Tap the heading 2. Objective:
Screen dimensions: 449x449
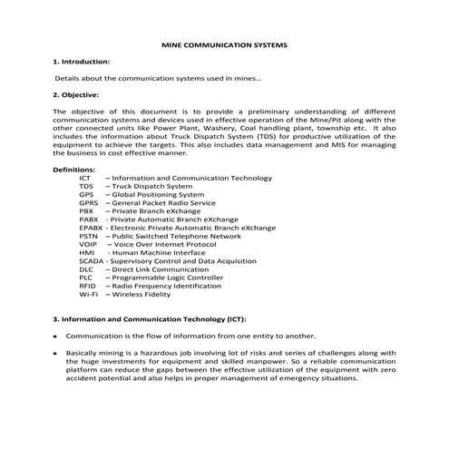[76, 94]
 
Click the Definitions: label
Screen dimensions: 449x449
[74, 170]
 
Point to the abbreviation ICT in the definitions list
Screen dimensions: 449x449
[85, 178]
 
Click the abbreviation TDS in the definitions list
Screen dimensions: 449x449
[86, 186]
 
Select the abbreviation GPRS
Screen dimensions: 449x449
[89, 202]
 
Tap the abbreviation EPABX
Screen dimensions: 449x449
[93, 228]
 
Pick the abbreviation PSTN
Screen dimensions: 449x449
[88, 236]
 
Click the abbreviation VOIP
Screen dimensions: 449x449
[89, 244]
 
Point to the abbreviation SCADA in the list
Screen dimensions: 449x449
[93, 261]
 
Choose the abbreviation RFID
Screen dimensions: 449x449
[88, 286]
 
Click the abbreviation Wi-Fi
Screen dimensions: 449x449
[89, 295]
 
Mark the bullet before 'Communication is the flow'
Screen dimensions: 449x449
[56, 336]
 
